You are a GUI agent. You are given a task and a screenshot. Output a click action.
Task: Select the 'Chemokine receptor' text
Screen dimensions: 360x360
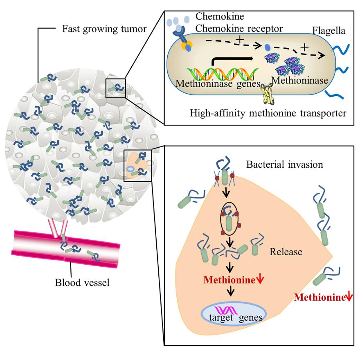[233, 28]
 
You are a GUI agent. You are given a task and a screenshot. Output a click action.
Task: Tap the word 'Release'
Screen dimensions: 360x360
[286, 252]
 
